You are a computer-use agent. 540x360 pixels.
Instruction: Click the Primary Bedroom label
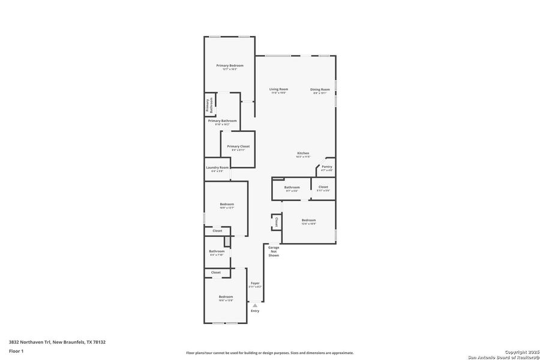click(230, 65)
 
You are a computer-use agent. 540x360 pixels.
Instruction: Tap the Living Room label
click(278, 89)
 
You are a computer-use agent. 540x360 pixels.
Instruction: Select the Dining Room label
click(320, 89)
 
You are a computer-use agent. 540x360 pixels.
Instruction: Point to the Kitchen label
click(303, 154)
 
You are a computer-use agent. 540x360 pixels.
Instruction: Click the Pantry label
click(326, 167)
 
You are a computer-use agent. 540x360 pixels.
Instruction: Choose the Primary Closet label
click(238, 146)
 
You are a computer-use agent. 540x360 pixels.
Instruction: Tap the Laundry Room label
click(217, 168)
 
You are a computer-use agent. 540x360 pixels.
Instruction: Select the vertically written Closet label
click(276, 222)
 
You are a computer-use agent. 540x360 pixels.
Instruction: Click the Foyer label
click(255, 283)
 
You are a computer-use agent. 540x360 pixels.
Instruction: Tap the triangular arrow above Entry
click(255, 305)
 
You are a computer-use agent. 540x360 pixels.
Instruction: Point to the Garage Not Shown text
click(274, 251)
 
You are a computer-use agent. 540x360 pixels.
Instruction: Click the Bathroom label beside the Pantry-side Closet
click(292, 187)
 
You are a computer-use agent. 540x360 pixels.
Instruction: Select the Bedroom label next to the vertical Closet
click(308, 220)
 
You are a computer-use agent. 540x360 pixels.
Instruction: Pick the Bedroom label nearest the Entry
click(226, 297)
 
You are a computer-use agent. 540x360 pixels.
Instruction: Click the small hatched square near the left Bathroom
click(227, 241)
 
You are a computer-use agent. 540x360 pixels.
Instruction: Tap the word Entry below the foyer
click(255, 311)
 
